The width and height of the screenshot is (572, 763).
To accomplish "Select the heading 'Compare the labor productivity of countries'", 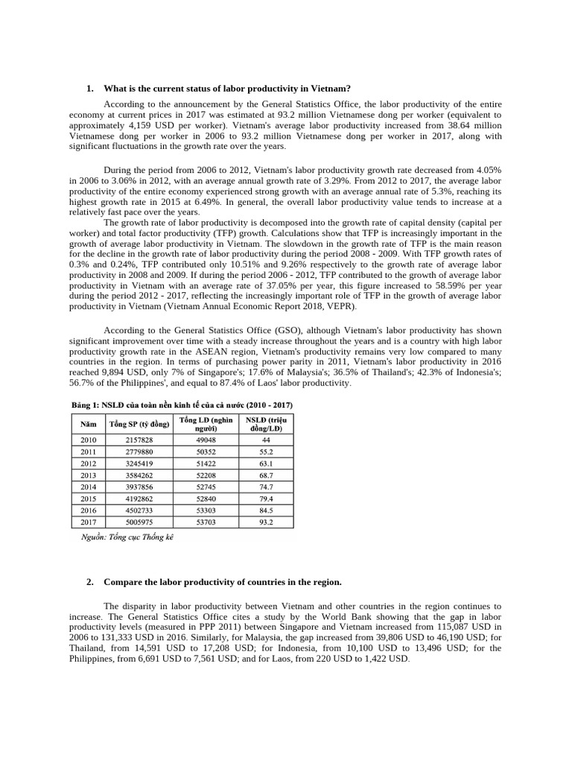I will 222,582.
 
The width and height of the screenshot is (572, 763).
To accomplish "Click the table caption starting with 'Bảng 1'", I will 182,405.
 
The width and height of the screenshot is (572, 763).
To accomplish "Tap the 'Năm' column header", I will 89,424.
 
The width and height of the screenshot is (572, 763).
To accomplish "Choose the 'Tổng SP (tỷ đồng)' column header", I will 139,424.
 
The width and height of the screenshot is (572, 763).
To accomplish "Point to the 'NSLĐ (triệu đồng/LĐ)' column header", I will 266,424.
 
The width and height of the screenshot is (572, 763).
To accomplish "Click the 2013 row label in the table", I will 89,475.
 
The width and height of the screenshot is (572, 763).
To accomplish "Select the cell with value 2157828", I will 139,440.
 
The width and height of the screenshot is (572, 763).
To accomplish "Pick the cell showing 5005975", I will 139,522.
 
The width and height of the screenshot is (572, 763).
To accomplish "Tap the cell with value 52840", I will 205,498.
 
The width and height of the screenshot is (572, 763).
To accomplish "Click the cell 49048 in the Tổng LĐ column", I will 205,440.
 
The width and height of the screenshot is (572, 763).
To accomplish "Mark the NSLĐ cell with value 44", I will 266,440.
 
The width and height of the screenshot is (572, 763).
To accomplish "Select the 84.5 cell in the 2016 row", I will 266,510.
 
